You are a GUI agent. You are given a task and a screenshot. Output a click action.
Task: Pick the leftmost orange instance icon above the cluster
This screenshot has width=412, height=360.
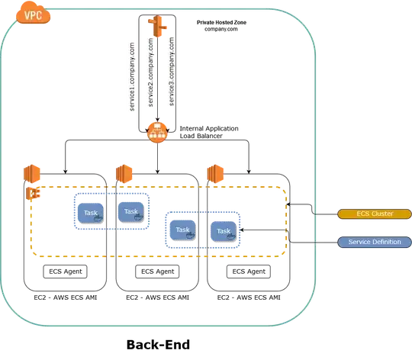pos(31,173)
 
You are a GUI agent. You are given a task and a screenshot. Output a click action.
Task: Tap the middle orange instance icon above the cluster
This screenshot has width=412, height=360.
pos(122,173)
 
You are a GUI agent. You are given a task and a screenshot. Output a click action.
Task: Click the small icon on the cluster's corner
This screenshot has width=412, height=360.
pos(35,194)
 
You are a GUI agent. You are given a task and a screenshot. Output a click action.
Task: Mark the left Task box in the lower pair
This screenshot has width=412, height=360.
pos(182,230)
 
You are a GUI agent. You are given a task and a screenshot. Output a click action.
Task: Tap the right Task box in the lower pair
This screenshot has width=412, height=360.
pos(224,231)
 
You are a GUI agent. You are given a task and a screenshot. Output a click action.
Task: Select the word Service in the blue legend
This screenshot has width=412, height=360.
pos(359,242)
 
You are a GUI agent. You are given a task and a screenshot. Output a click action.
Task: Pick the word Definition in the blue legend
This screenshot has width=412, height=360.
pos(383,242)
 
